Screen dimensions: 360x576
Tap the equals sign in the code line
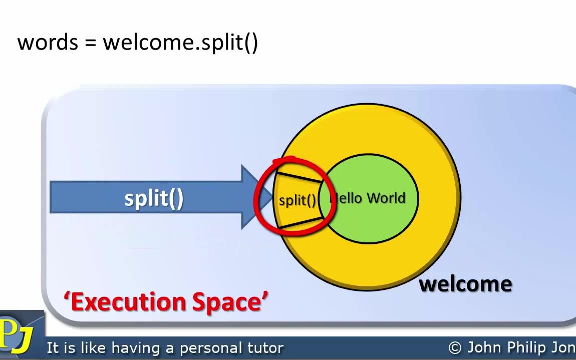click(x=90, y=43)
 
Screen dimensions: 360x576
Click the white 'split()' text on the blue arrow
click(x=154, y=199)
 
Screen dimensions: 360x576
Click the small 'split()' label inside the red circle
click(x=298, y=200)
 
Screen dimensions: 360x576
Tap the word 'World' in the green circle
click(x=385, y=198)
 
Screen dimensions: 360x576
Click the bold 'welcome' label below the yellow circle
click(x=465, y=284)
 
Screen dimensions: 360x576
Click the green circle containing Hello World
click(x=373, y=220)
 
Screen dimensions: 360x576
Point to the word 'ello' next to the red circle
click(x=346, y=198)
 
